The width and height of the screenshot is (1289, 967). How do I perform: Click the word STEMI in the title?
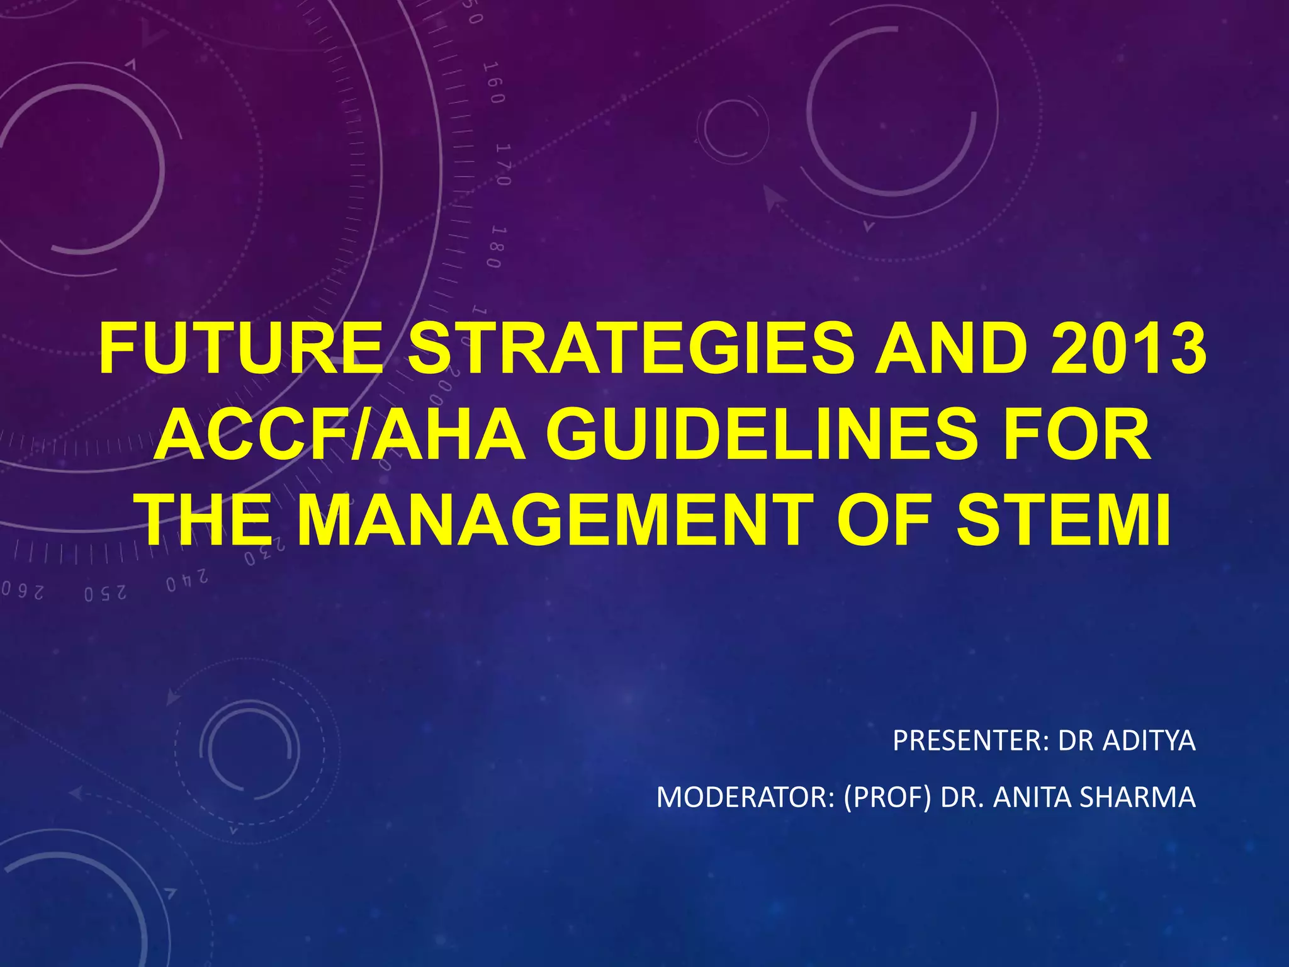pyautogui.click(x=1063, y=522)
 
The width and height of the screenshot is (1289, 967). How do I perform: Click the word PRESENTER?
pyautogui.click(x=970, y=741)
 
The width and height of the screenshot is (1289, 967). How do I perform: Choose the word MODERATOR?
pyautogui.click(x=745, y=798)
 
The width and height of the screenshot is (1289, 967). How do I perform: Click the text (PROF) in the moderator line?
pyautogui.click(x=887, y=798)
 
